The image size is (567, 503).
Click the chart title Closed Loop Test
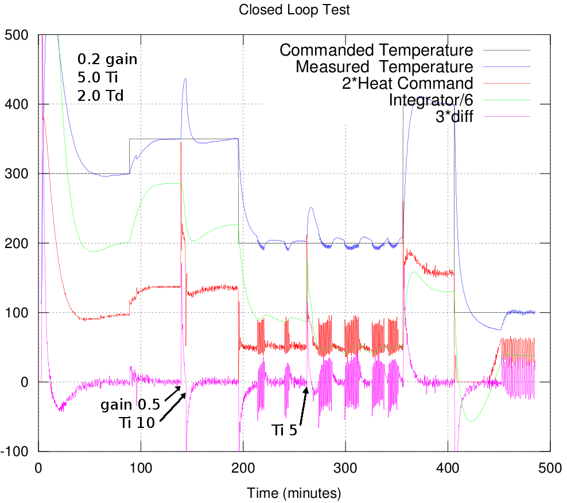point(294,9)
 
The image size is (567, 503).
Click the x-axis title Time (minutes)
point(294,492)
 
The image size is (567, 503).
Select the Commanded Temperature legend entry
point(376,50)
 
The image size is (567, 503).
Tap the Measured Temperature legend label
point(385,67)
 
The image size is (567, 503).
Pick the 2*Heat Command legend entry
point(407,83)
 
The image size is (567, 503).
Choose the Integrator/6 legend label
point(431,100)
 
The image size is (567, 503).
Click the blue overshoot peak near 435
point(185,80)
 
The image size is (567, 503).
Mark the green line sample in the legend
point(507,100)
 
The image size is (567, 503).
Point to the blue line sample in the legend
point(507,67)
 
